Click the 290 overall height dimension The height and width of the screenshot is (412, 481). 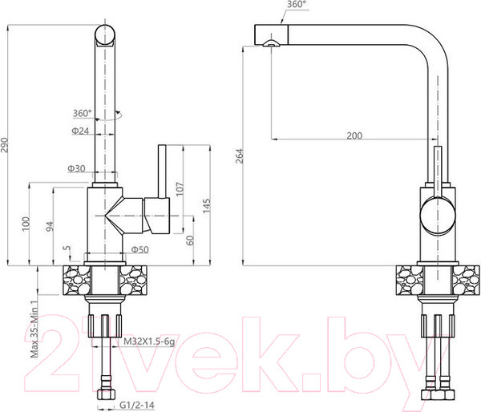pos(5,145)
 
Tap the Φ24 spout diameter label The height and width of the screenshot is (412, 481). pos(80,131)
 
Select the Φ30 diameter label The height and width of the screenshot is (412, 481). pos(76,168)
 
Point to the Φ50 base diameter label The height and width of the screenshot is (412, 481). pos(139,250)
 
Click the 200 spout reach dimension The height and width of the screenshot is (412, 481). pos(354,135)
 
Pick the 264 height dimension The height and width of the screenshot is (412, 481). pos(239,156)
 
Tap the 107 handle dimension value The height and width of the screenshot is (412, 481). pos(180,188)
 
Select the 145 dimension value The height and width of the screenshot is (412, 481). pos(206,205)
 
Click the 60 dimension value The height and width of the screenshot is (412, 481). pos(190,240)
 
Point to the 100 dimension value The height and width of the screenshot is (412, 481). pos(26,224)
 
